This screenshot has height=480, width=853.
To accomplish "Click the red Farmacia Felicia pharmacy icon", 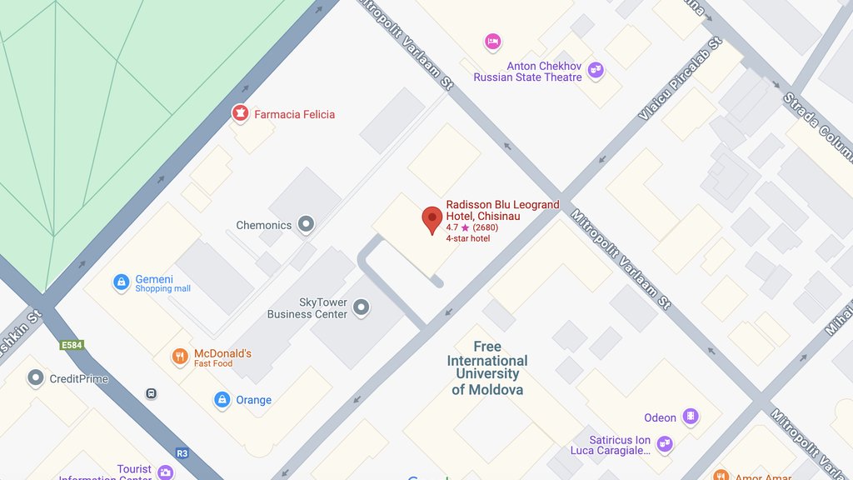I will (240, 113).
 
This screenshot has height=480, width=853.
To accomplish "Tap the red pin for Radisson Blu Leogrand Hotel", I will (431, 219).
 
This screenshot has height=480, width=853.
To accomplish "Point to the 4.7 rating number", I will (452, 227).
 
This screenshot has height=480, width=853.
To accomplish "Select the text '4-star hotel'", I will (467, 238).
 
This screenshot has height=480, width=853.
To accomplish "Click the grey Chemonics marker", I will (307, 224).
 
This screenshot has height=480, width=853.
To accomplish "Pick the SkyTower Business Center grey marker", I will (361, 308).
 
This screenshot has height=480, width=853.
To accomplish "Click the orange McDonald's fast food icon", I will (180, 357).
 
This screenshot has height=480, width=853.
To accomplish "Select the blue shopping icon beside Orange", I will (222, 400).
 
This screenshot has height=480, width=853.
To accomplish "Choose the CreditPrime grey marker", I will (35, 379).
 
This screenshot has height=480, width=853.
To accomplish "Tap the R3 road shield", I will (182, 453).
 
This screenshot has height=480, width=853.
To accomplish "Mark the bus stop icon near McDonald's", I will (151, 393).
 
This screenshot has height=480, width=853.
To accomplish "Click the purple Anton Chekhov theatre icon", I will (595, 71).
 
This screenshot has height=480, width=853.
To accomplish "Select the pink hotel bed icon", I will (492, 41).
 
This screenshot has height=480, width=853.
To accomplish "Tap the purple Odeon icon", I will (690, 417).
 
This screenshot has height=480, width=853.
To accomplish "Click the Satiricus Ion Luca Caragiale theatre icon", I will (664, 445).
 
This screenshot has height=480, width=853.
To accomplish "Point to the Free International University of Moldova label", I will (487, 368).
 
